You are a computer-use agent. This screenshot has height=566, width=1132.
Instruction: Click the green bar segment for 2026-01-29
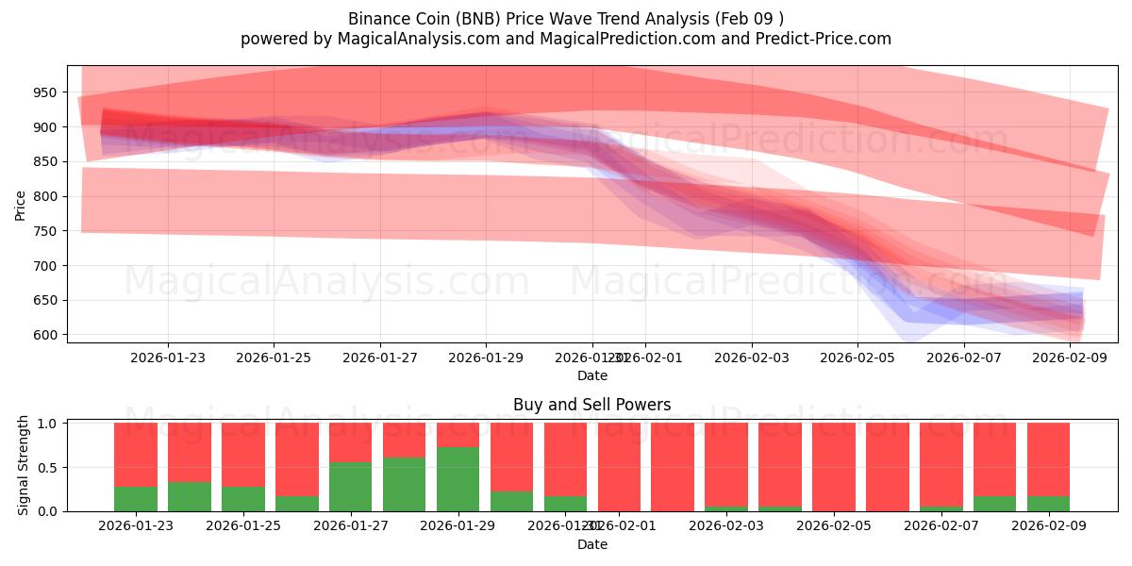pos(458,479)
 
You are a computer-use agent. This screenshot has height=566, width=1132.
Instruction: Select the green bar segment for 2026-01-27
pos(350,487)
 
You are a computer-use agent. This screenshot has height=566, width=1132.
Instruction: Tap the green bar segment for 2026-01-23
pos(135,499)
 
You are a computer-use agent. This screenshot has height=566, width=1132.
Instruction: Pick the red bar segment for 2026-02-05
pos(834,466)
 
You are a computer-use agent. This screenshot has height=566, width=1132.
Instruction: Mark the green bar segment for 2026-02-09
pos(1048,504)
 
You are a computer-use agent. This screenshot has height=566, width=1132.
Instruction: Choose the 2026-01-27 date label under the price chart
pos(380,358)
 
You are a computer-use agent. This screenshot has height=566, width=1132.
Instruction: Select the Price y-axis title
pos(21,205)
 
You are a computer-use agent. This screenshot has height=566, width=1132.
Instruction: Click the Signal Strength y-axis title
pos(25,466)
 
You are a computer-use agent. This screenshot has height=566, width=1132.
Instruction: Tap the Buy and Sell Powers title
pos(591,405)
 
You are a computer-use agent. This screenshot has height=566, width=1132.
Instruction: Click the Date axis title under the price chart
pos(591,375)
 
